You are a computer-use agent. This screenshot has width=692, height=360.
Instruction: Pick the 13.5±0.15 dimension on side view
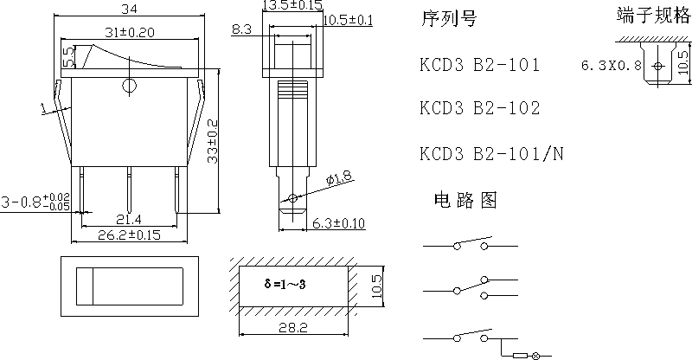pyautogui.click(x=292, y=6)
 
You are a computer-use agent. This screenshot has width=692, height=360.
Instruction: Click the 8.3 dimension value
pyautogui.click(x=242, y=30)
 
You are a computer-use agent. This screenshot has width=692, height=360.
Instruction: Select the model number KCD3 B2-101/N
pyautogui.click(x=491, y=154)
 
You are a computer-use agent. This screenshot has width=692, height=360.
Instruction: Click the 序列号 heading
pyautogui.click(x=448, y=19)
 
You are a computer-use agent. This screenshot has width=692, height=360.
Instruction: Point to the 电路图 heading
pyautogui.click(x=465, y=201)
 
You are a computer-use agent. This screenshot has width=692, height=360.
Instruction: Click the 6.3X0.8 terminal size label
pyautogui.click(x=611, y=66)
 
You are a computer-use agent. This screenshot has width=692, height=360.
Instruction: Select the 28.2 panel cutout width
pyautogui.click(x=294, y=329)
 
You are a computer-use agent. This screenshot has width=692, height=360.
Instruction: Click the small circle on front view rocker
pyautogui.click(x=130, y=85)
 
